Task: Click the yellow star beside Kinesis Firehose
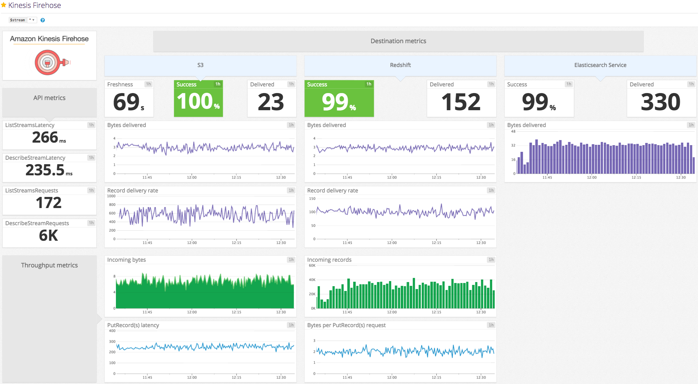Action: [x=4, y=5]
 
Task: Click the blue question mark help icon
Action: [x=43, y=20]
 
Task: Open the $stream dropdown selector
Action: [x=32, y=20]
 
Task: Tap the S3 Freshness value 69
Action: [x=126, y=102]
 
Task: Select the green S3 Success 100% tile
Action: [x=198, y=98]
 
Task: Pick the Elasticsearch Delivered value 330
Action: [x=661, y=102]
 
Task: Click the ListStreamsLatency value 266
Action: [x=45, y=138]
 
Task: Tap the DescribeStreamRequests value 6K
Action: [x=49, y=235]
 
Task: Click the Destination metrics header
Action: [x=398, y=41]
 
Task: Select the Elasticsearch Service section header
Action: [x=600, y=65]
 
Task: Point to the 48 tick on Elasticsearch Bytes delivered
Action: [x=513, y=131]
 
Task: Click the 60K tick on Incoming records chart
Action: [x=312, y=266]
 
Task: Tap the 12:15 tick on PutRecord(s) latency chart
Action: [x=236, y=377]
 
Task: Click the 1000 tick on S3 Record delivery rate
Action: [x=111, y=196]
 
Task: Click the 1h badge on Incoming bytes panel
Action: [x=291, y=260]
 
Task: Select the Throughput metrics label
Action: [x=49, y=265]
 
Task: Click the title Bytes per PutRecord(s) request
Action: [x=346, y=325]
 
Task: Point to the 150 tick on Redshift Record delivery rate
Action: [x=312, y=199]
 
